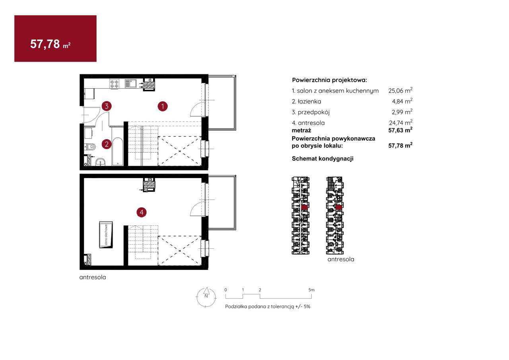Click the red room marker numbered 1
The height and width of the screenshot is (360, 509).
click(x=163, y=106)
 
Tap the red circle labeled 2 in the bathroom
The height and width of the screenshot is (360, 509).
click(x=107, y=144)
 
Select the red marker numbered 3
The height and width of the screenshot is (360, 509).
click(x=107, y=106)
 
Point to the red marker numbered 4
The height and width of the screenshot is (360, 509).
click(x=142, y=213)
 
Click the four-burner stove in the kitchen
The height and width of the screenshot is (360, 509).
click(x=114, y=83)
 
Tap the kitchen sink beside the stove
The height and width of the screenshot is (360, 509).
click(x=130, y=83)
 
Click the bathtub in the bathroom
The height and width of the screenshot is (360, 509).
click(x=118, y=151)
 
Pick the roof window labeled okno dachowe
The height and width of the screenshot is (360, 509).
click(x=106, y=235)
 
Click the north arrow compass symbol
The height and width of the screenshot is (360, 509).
click(x=206, y=297)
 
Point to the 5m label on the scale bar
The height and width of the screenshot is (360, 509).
click(x=311, y=290)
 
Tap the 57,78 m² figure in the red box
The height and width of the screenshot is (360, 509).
click(x=50, y=44)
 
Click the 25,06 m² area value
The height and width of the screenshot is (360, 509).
click(x=400, y=91)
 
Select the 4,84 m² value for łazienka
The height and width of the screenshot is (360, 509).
click(x=402, y=101)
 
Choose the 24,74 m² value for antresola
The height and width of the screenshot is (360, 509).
click(x=400, y=122)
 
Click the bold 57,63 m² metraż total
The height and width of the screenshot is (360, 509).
click(x=400, y=130)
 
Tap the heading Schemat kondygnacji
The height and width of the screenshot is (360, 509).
click(x=322, y=159)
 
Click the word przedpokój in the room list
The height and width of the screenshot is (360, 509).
click(x=314, y=112)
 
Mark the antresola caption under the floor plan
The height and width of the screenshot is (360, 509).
click(x=93, y=277)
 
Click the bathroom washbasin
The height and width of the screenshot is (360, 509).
click(x=100, y=162)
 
